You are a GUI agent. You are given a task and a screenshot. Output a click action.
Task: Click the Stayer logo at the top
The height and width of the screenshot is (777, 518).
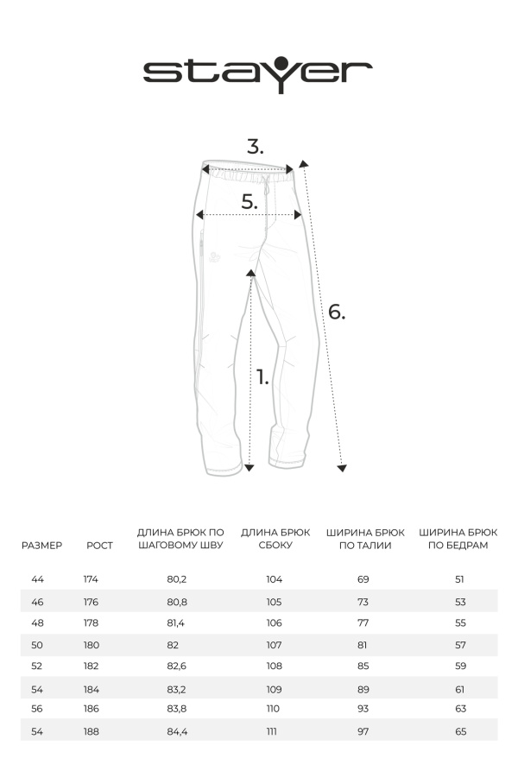pyautogui.click(x=257, y=70)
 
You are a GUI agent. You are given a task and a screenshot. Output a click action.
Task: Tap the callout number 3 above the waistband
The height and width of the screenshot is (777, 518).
pyautogui.click(x=255, y=147)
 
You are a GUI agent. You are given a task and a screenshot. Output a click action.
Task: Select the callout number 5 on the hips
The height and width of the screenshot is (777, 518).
pyautogui.click(x=250, y=202)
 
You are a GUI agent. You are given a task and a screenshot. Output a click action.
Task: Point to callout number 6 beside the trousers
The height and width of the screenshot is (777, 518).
pyautogui.click(x=336, y=312)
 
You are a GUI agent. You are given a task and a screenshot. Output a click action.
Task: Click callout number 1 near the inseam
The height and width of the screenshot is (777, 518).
pyautogui.click(x=262, y=376)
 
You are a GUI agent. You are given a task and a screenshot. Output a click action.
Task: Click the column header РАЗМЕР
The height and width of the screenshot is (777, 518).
pyautogui.click(x=41, y=546)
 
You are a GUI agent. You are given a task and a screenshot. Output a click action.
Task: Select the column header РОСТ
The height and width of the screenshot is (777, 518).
pyautogui.click(x=99, y=546)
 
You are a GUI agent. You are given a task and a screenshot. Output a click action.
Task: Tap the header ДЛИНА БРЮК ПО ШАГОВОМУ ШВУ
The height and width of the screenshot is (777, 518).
pyautogui.click(x=180, y=539)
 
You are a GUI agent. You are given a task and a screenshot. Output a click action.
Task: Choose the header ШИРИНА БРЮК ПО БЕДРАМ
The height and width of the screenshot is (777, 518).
pyautogui.click(x=458, y=539)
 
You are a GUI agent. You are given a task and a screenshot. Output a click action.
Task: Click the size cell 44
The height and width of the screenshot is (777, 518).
pyautogui.click(x=37, y=579)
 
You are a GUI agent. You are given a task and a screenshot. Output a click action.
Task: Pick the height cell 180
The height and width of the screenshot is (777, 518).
pyautogui.click(x=92, y=645)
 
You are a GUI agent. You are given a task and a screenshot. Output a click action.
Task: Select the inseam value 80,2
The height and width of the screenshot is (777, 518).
pyautogui.click(x=177, y=579)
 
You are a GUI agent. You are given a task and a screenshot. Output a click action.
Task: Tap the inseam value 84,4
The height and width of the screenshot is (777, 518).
pyautogui.click(x=177, y=731)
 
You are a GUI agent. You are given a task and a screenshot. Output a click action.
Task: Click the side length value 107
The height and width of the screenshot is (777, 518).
pyautogui.click(x=275, y=645)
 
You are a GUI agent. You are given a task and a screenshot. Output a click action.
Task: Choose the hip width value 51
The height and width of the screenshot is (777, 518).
pyautogui.click(x=459, y=579)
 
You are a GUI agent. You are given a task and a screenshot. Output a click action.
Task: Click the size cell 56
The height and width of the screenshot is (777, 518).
pyautogui.click(x=37, y=708)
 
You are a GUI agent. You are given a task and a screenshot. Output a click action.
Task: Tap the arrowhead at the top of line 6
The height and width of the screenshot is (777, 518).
pyautogui.click(x=302, y=162)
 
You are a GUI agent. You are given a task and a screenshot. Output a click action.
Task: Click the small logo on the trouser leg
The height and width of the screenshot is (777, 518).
pyautogui.click(x=212, y=256)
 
